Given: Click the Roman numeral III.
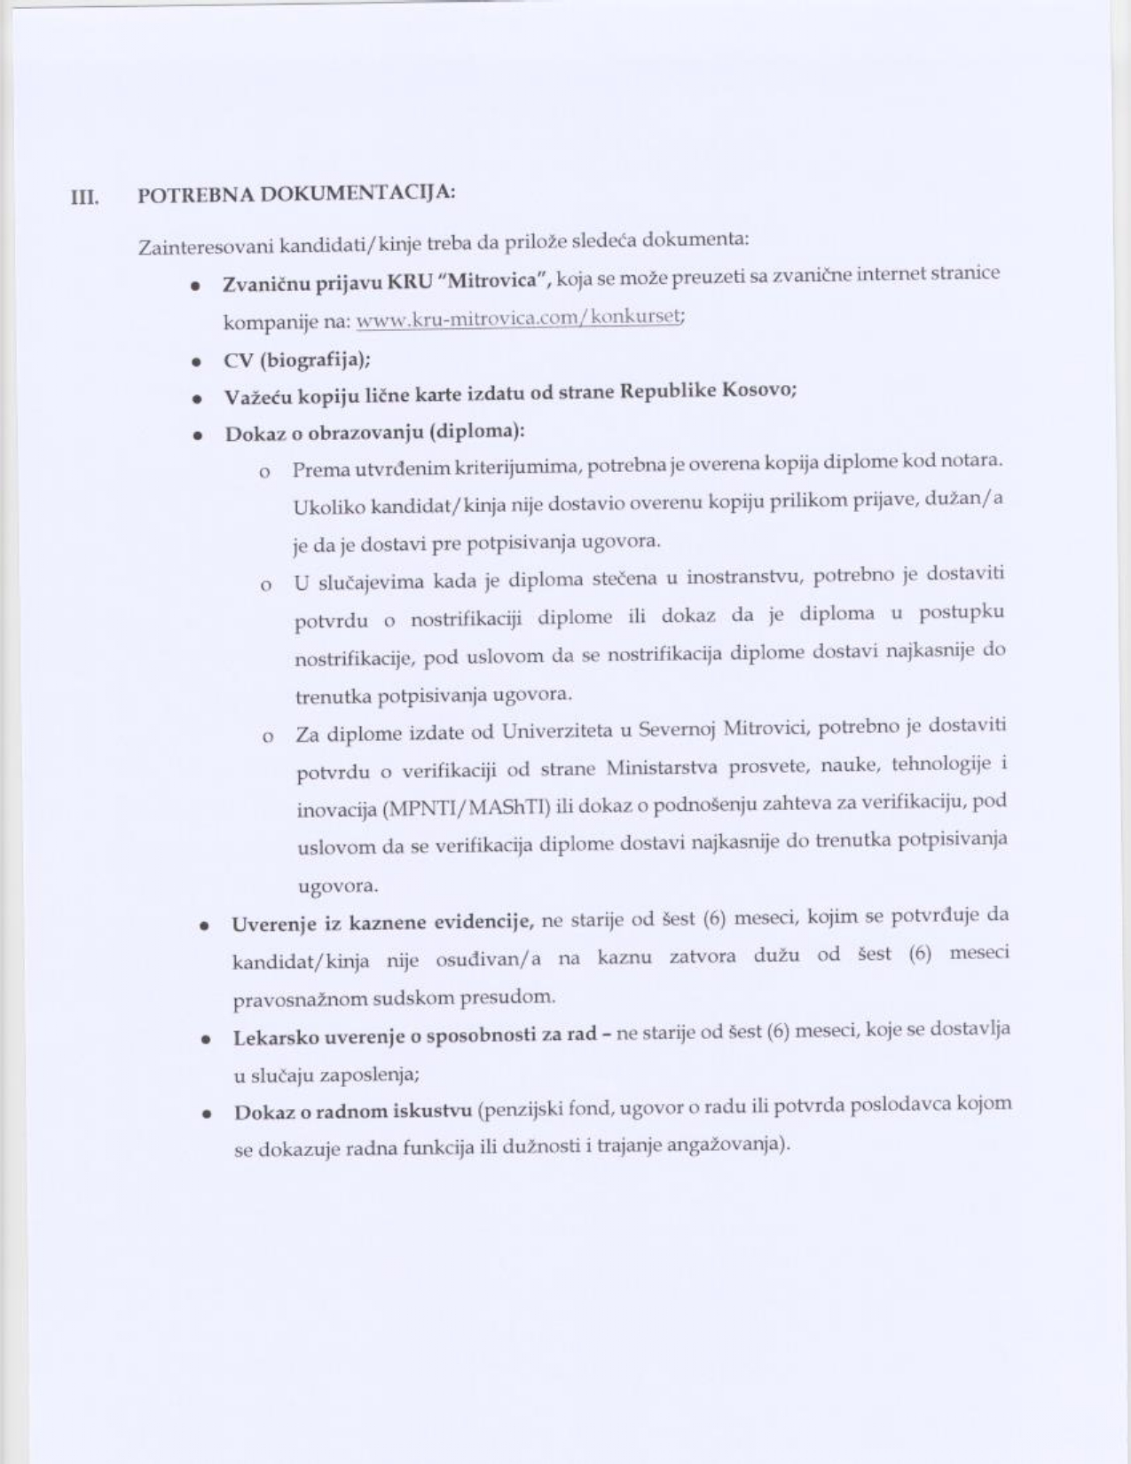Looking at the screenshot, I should (84, 197).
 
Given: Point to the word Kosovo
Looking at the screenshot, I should (758, 390).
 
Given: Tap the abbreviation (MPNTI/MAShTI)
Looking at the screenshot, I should (467, 807).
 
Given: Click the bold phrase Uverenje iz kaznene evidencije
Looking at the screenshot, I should (382, 923).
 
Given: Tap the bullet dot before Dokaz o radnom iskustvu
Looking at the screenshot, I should (206, 1114).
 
